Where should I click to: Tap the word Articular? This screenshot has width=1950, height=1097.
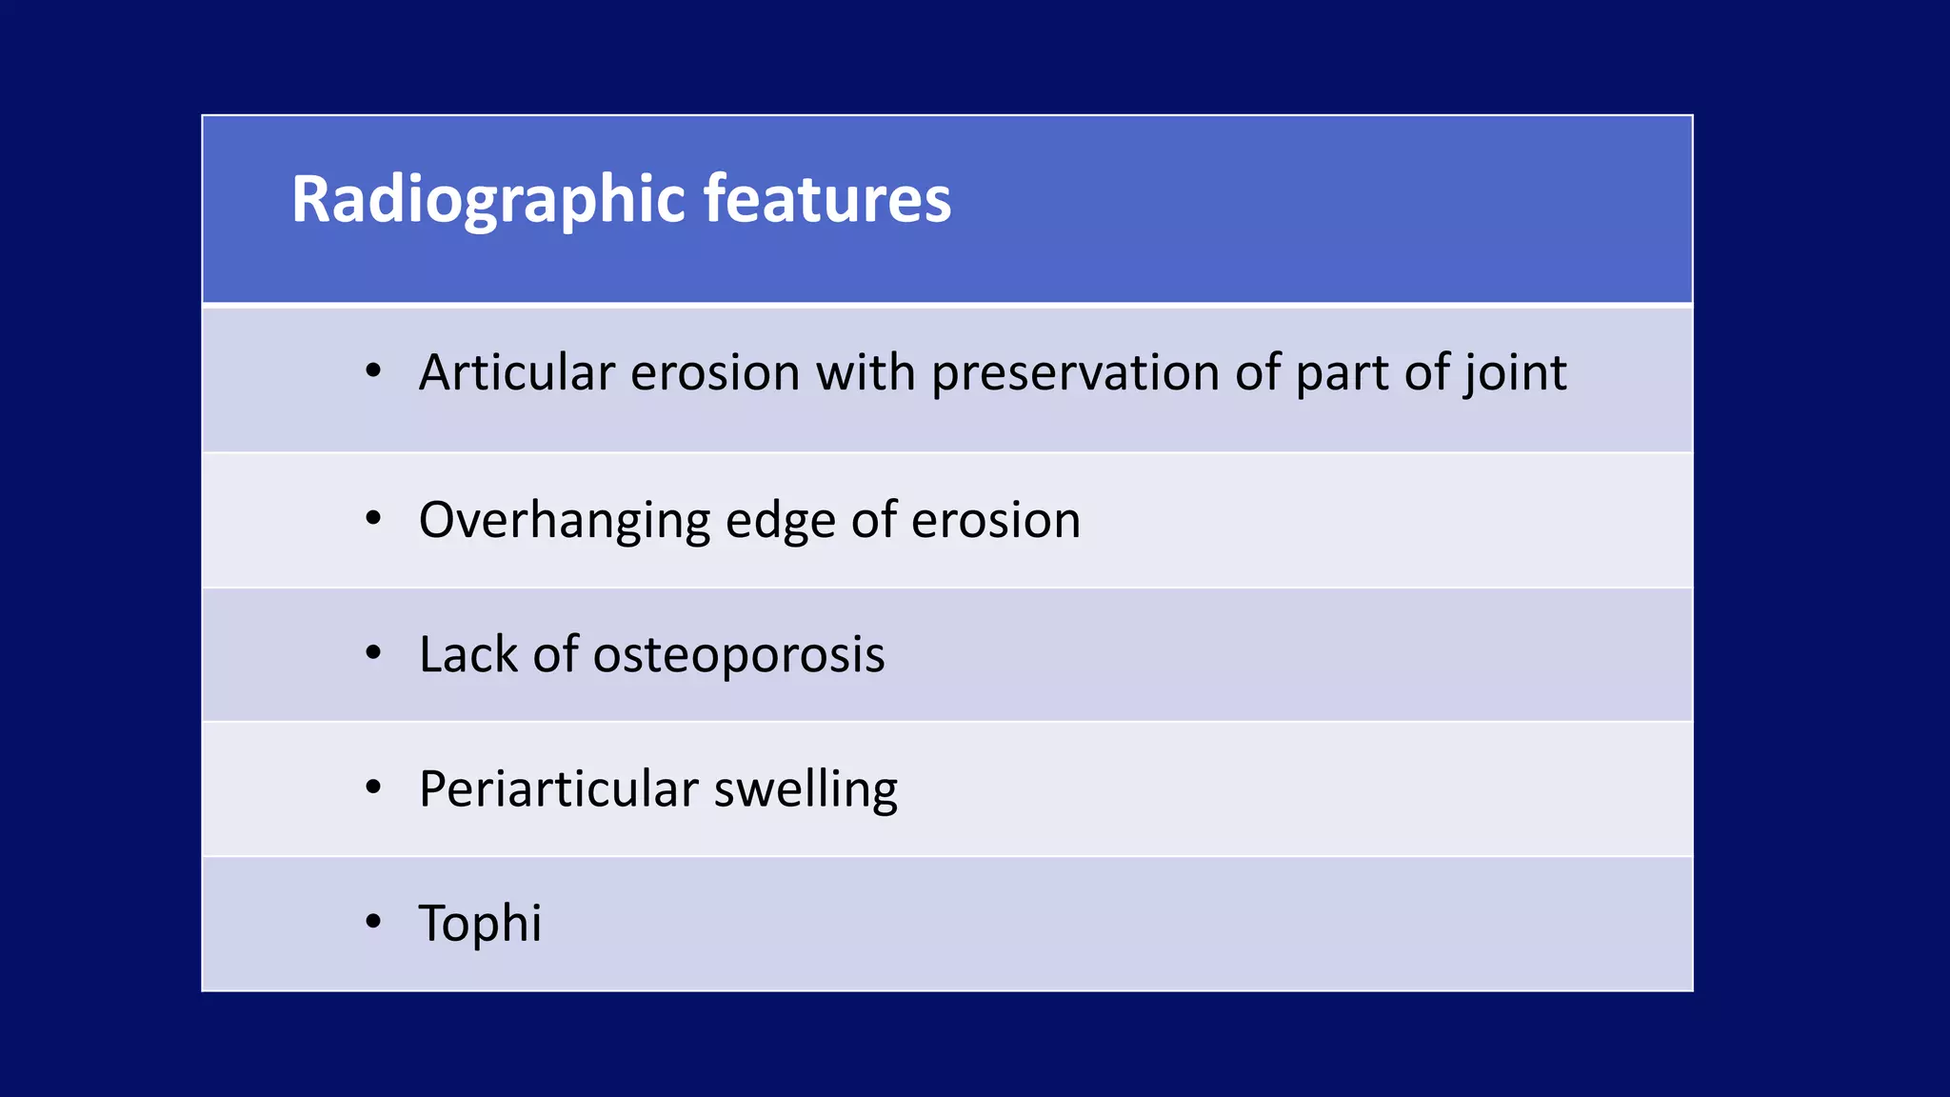516,372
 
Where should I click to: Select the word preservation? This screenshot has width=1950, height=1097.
1075,372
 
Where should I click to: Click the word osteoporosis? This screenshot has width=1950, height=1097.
739,655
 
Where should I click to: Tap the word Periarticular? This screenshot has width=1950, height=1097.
559,789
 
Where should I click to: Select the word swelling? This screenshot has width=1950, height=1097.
806,789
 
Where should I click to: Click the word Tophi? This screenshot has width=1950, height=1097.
480,924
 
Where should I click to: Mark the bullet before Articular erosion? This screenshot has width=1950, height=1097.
373,371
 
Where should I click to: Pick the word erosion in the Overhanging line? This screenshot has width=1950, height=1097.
995,521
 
